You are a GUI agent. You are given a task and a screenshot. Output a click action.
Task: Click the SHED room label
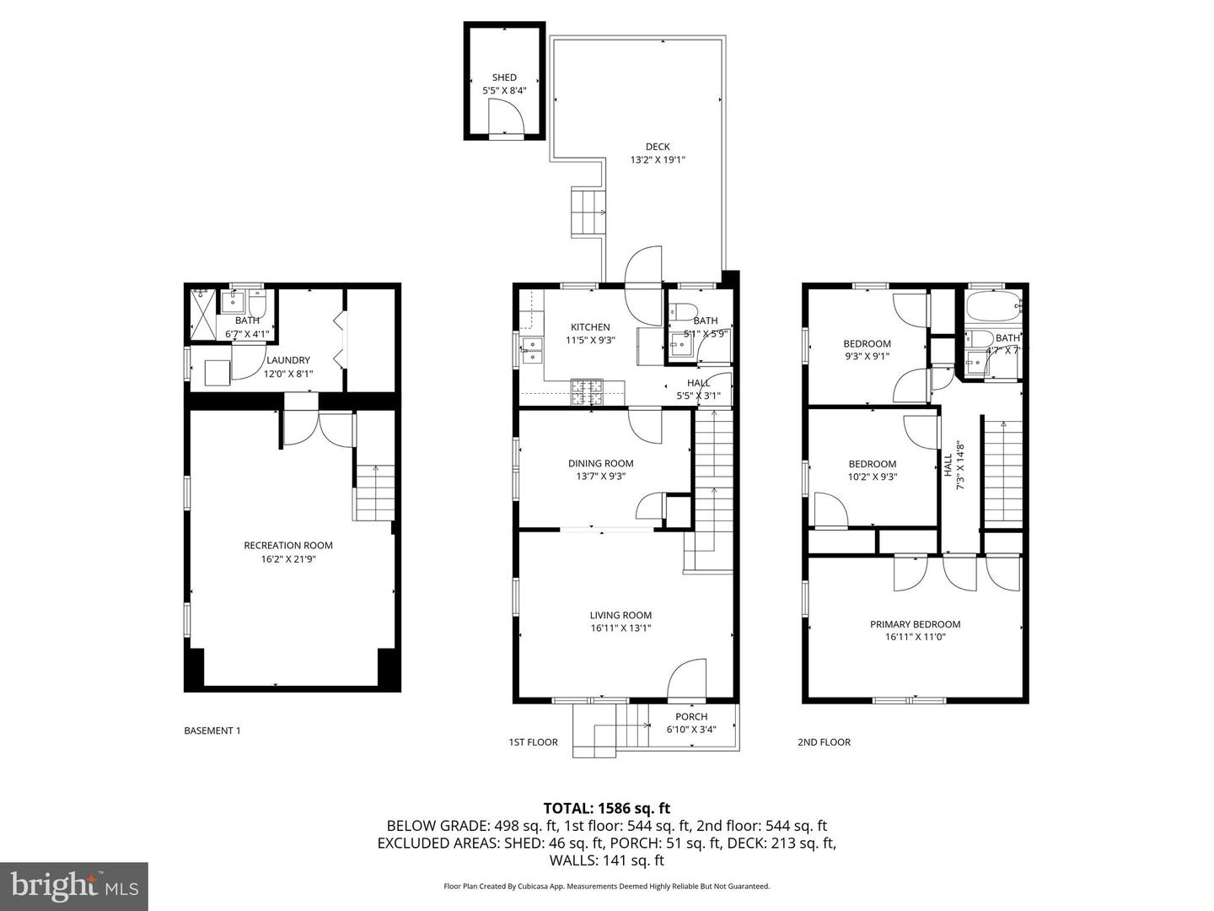504,78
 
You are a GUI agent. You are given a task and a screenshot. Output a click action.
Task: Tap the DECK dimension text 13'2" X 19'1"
658,159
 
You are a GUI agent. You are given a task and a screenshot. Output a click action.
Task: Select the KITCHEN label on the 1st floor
590,327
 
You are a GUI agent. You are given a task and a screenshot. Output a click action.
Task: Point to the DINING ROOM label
600,463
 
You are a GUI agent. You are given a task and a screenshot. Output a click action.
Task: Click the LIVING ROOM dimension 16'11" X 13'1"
620,628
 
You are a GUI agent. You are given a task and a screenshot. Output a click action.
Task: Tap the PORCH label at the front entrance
691,717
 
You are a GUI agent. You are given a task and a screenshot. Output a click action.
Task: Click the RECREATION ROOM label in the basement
288,545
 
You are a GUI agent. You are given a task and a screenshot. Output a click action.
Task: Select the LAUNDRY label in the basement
288,360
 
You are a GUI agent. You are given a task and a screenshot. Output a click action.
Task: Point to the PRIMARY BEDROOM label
915,624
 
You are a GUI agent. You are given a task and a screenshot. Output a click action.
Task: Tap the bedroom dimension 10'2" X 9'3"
873,477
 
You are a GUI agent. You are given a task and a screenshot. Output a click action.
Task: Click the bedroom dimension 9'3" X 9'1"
867,356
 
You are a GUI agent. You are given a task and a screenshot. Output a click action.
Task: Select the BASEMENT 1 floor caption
212,730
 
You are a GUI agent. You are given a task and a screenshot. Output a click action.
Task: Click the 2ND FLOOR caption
824,742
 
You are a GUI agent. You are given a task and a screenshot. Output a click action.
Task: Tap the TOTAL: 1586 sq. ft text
607,808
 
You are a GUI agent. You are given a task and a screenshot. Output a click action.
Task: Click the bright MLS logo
74,886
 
